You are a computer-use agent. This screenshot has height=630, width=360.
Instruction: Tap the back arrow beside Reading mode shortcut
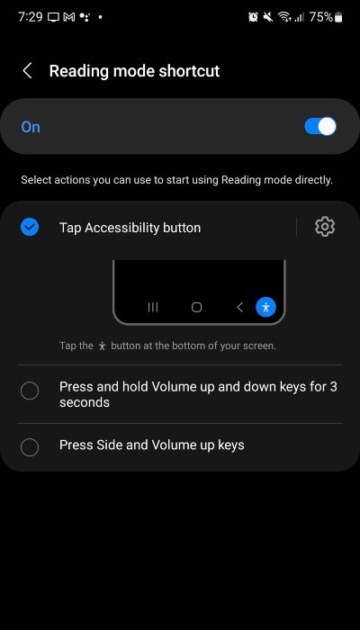(28, 71)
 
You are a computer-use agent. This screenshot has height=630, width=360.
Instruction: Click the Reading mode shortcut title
(134, 71)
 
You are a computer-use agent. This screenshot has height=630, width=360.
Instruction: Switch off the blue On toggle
(320, 126)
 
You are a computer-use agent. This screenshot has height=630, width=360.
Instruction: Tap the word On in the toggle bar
(31, 127)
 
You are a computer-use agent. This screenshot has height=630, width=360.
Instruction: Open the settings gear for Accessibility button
(325, 227)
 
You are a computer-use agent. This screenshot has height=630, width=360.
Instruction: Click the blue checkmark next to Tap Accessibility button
(30, 228)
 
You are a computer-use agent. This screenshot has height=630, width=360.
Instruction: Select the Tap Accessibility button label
(130, 228)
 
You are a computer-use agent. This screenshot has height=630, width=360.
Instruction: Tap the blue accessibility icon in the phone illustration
(265, 307)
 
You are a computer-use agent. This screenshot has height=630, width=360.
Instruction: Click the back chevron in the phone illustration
(239, 307)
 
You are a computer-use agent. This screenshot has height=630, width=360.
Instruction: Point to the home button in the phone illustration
(196, 307)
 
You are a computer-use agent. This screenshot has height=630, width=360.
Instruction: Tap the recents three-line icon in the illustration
(153, 307)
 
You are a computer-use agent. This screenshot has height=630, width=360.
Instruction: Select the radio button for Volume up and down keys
(30, 391)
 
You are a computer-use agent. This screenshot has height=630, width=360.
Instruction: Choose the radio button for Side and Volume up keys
(30, 445)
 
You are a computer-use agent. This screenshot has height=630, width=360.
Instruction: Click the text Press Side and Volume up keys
(151, 445)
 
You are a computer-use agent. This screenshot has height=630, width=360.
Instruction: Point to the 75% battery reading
(319, 17)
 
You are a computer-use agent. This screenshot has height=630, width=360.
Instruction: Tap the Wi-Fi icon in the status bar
(284, 17)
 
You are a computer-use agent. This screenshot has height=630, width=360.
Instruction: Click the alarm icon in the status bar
(253, 17)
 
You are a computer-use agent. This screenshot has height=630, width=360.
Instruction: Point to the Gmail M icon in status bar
(68, 17)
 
